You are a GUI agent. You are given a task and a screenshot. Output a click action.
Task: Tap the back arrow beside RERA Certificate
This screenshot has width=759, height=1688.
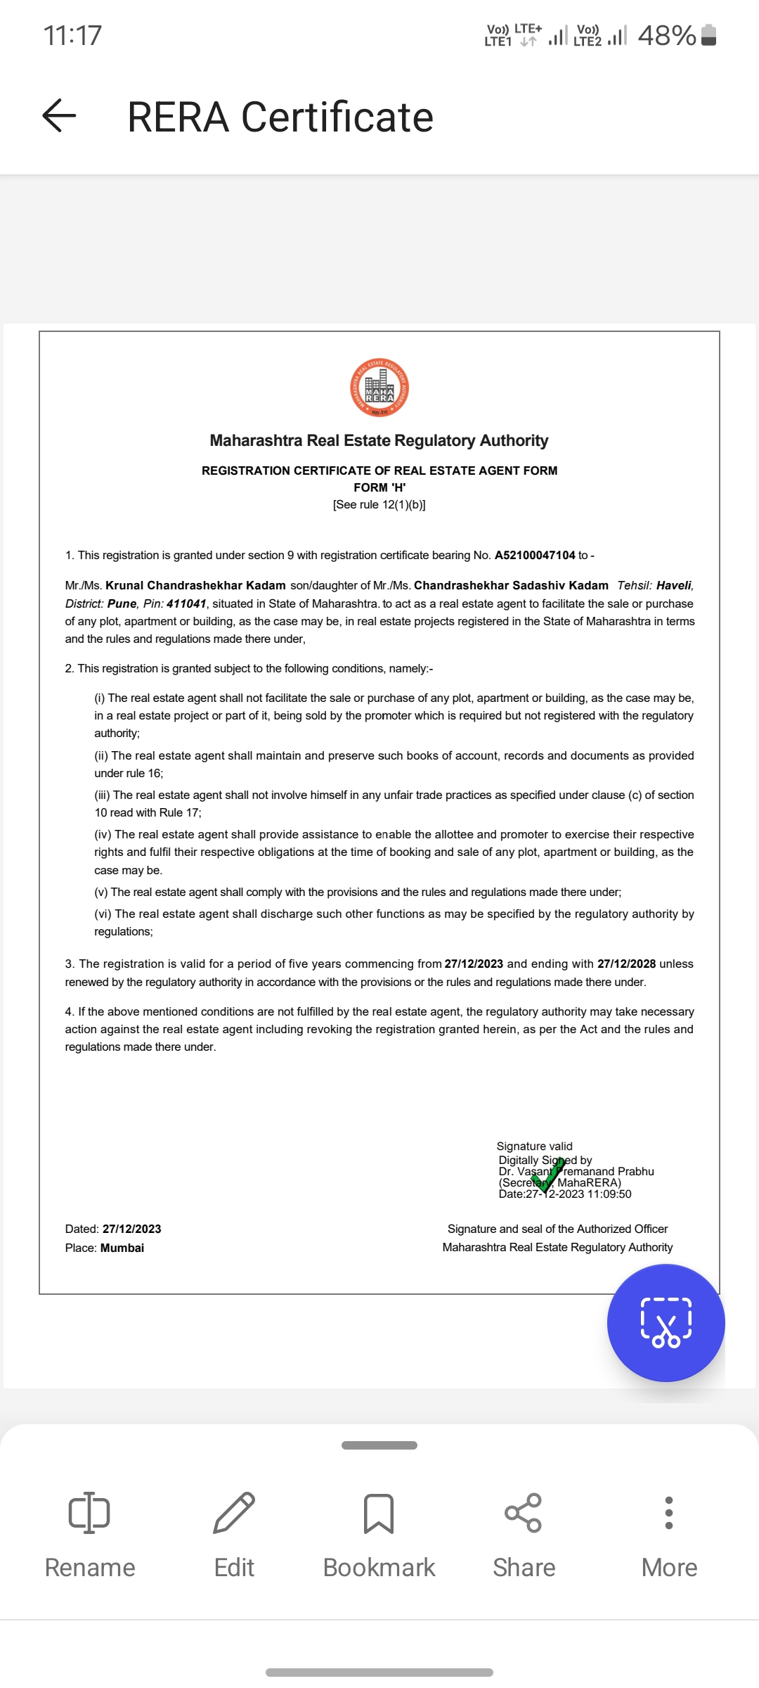pyautogui.click(x=59, y=115)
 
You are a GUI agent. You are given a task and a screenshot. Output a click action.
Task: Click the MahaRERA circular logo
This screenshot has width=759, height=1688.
pyautogui.click(x=379, y=388)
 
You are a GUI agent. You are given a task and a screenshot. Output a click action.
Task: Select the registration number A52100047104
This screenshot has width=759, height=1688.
pyautogui.click(x=535, y=556)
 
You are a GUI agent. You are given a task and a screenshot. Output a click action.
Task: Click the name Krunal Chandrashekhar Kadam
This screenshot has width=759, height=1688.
pyautogui.click(x=195, y=586)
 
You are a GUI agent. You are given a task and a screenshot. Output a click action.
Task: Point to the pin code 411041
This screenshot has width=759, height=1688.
pyautogui.click(x=186, y=604)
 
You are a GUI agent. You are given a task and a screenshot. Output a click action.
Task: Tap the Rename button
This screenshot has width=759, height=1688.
pyautogui.click(x=90, y=1534)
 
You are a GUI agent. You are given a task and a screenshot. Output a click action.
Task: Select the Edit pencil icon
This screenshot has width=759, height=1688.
pyautogui.click(x=234, y=1514)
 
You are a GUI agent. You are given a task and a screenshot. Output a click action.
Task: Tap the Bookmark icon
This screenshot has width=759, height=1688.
pyautogui.click(x=379, y=1514)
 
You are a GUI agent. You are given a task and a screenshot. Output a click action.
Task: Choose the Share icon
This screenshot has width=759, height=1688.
pyautogui.click(x=524, y=1514)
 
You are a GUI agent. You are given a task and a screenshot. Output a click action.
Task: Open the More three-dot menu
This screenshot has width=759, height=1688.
pyautogui.click(x=669, y=1514)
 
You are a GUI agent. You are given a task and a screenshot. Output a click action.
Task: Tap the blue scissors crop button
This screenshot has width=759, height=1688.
pyautogui.click(x=666, y=1323)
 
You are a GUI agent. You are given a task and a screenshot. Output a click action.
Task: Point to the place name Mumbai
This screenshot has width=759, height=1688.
pyautogui.click(x=122, y=1248)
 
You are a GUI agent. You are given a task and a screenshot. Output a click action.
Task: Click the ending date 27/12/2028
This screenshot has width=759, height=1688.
pyautogui.click(x=626, y=964)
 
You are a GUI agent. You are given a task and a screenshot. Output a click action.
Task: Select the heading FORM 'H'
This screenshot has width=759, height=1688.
pyautogui.click(x=379, y=488)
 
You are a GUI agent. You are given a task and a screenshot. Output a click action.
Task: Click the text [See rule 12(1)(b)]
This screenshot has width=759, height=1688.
pyautogui.click(x=379, y=505)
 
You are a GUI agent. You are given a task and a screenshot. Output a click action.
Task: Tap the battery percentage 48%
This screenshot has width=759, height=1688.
pyautogui.click(x=666, y=35)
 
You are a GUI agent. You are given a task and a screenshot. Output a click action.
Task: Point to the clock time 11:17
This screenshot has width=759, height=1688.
pyautogui.click(x=72, y=35)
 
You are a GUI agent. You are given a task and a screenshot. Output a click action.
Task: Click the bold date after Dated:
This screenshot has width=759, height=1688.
pyautogui.click(x=132, y=1229)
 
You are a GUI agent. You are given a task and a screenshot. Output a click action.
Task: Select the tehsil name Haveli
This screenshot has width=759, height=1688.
pyautogui.click(x=674, y=586)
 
